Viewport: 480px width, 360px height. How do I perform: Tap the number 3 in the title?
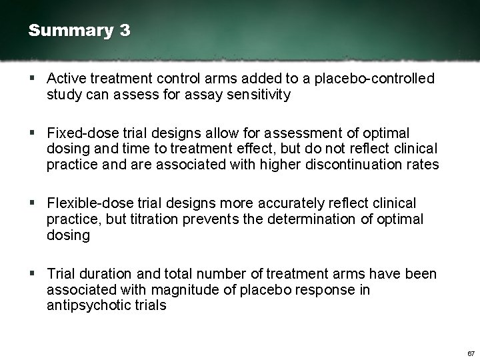pos(125,31)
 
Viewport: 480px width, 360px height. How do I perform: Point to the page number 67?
pos(471,353)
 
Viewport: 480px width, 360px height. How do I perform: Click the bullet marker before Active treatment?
pos(33,79)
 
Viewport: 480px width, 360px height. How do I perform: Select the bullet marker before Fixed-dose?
pos(33,133)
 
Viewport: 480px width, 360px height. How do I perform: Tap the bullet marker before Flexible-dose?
pos(33,203)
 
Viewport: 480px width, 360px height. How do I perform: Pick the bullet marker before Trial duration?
pos(33,274)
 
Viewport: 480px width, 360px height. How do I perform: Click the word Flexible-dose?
pos(87,203)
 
